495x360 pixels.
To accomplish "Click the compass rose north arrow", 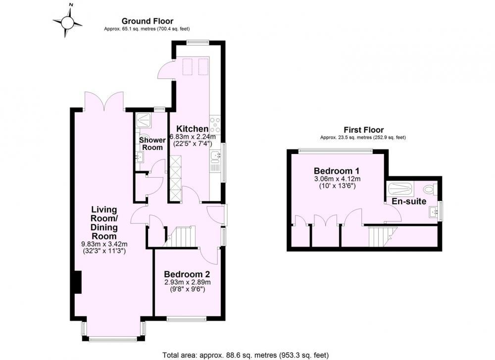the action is pos(68,23).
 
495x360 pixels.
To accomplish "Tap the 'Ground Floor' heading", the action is pos(148,21).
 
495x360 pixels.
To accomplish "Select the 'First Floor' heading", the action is pos(364,130).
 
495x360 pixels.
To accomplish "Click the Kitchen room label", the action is pos(192,129).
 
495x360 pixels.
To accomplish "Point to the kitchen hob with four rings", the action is pos(215,125).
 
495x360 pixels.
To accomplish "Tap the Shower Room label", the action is pos(152,144).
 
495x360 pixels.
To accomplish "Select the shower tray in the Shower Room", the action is pos(145,120).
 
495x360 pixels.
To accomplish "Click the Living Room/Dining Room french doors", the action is pos(104,101).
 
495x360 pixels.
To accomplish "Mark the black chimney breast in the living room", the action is pos(78,282).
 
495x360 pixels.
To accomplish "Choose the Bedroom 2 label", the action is pos(187,274).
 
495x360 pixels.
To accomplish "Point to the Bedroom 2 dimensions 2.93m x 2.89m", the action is pos(188,282).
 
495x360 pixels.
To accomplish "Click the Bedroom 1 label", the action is pos(337,171).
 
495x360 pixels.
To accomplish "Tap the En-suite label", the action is pos(409,202).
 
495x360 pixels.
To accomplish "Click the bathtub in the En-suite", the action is pos(400,189).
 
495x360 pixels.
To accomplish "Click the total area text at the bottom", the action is pos(246,355).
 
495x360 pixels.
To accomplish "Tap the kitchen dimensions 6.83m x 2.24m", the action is pos(193,137).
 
